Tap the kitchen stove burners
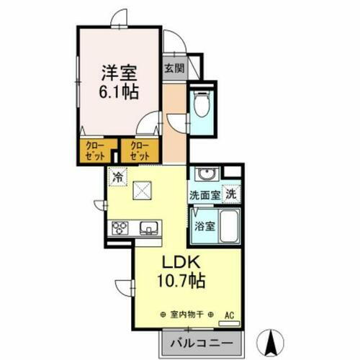point(120,228)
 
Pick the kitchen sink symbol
point(149,228)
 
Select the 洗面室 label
point(204,194)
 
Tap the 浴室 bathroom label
point(204,225)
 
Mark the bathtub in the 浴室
point(228,228)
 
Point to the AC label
point(230,315)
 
